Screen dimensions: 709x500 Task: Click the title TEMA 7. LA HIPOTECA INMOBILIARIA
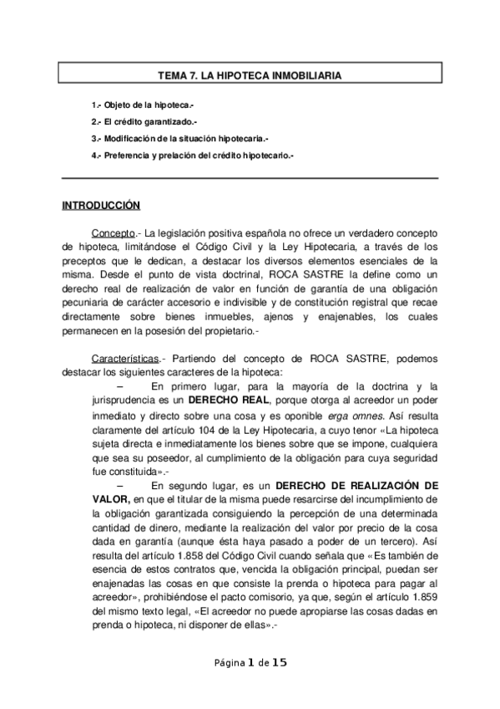point(250,76)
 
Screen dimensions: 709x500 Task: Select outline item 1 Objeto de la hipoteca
point(143,108)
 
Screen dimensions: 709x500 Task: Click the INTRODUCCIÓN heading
point(101,206)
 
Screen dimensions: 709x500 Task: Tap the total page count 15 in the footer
point(280,662)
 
